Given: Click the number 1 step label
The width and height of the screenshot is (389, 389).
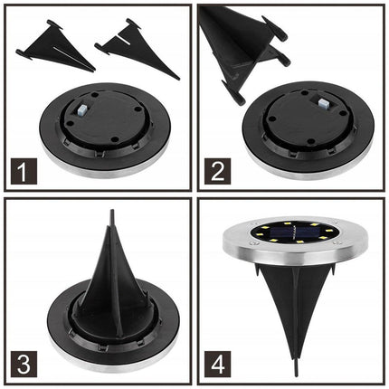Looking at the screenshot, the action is [x=24, y=171].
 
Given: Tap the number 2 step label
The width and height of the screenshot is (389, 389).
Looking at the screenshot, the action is [x=218, y=171].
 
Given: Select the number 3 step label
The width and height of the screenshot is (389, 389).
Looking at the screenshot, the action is [x=24, y=364].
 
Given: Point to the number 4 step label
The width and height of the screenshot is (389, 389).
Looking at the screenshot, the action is [x=218, y=364].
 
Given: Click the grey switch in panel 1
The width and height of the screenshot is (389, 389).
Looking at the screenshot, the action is [x=81, y=111].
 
